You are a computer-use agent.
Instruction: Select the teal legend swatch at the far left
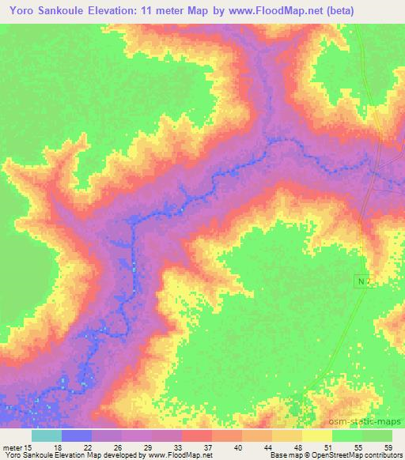point(47,435)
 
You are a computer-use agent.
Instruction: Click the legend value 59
point(387,447)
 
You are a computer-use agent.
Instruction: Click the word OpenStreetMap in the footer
point(328,455)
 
